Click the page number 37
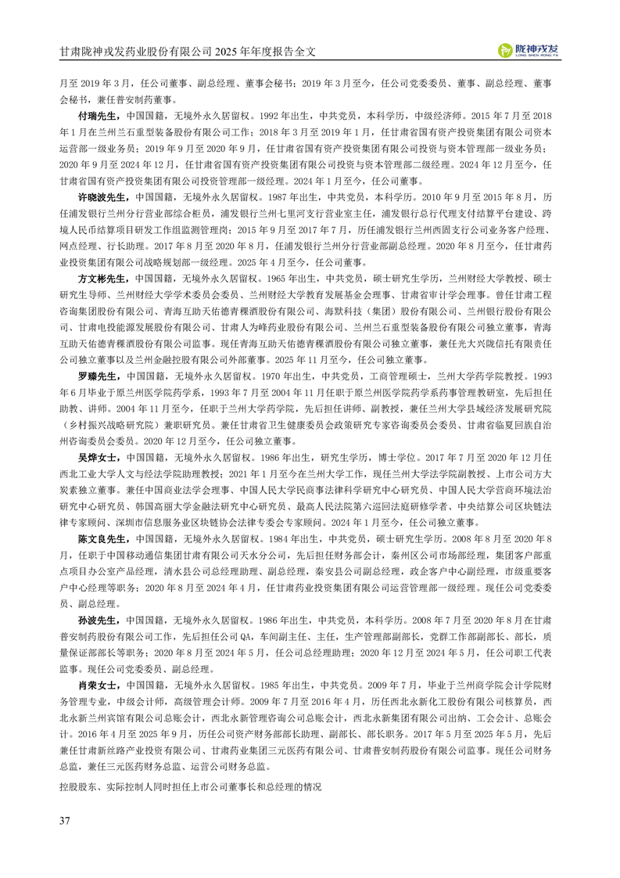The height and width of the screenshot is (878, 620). pos(65,819)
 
